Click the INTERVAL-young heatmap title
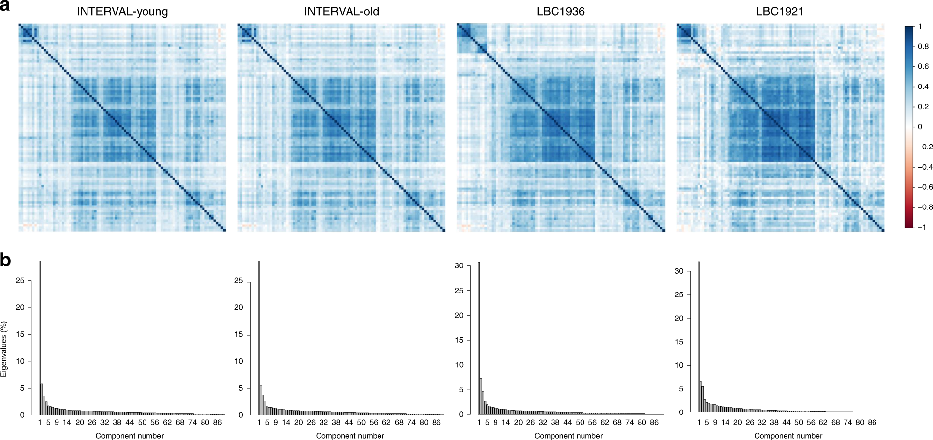(122, 11)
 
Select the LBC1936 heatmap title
(560, 11)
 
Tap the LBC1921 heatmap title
(780, 11)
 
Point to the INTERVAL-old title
(341, 11)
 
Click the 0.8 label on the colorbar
(923, 46)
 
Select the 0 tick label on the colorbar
(920, 126)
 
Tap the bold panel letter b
(5, 260)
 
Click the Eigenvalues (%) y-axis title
(4, 349)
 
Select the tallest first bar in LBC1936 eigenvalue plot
(479, 338)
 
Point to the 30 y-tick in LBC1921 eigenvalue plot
(679, 271)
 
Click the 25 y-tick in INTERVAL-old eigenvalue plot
(239, 280)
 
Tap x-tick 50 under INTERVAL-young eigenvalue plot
(142, 422)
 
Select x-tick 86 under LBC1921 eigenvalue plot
(872, 422)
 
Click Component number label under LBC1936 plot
(568, 436)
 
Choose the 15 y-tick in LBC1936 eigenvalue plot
(459, 340)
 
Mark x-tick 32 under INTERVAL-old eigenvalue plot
(323, 422)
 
